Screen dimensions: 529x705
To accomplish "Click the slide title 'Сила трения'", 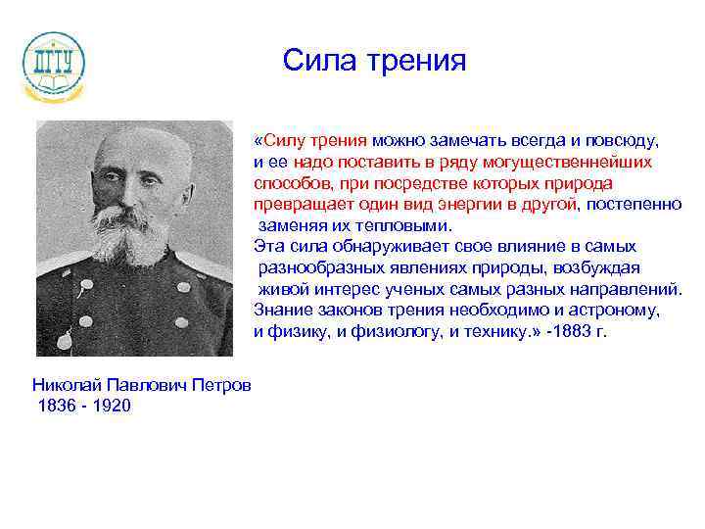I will [x=375, y=61].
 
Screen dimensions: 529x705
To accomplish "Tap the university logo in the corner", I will [x=54, y=64].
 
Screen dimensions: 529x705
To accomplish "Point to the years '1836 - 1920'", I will [x=83, y=406].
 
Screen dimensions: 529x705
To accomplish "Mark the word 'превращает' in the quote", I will [x=297, y=204].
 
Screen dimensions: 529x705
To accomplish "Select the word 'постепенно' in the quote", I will [x=636, y=204].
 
